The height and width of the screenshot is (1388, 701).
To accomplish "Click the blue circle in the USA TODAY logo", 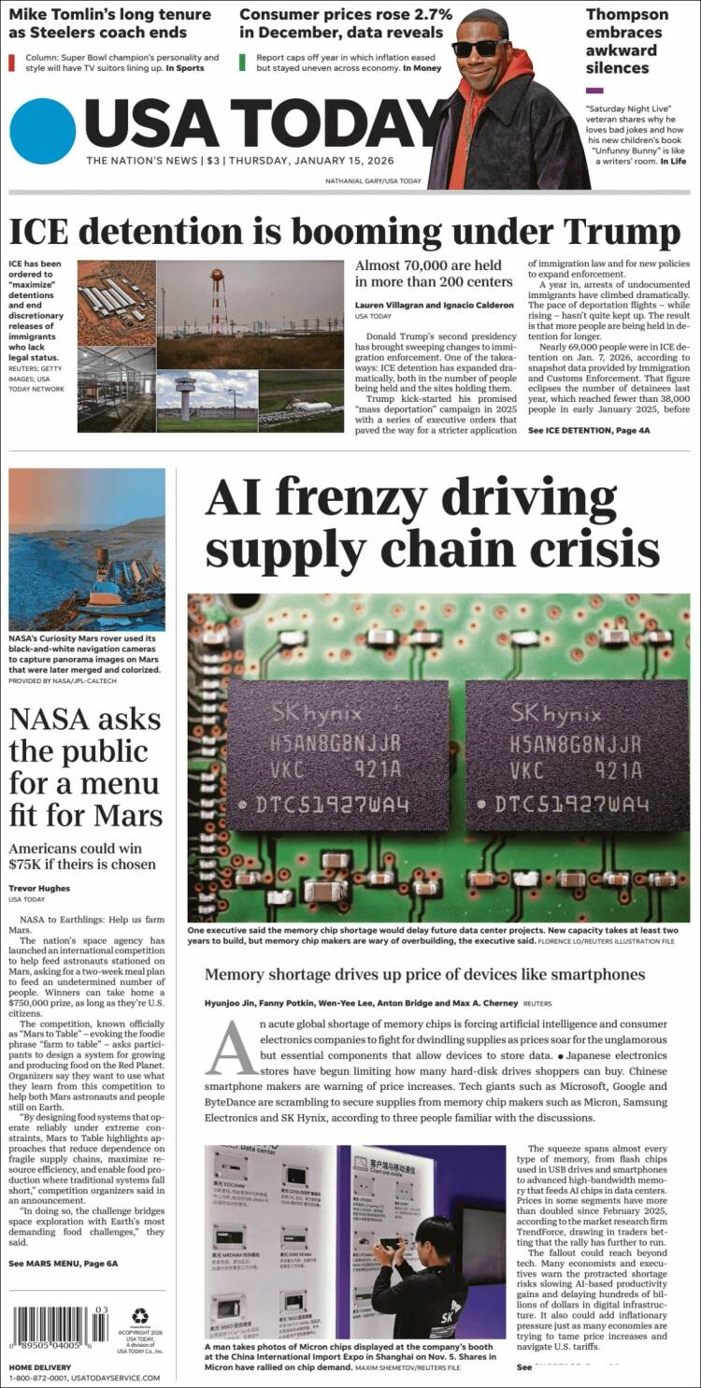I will (42, 132).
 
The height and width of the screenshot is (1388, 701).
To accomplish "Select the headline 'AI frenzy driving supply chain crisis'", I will (432, 523).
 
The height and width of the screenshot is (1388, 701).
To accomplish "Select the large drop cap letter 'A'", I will (231, 1049).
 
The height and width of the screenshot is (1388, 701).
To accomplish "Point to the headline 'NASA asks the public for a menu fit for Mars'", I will (85, 766).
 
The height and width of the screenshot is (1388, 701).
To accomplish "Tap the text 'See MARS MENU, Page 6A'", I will (64, 1263).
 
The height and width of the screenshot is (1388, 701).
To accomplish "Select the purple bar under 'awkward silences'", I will (594, 90).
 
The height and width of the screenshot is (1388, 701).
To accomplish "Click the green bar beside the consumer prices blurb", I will (243, 63).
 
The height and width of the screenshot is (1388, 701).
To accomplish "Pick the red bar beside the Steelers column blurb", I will (11, 63).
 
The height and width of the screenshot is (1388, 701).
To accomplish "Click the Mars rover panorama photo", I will (87, 549).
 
